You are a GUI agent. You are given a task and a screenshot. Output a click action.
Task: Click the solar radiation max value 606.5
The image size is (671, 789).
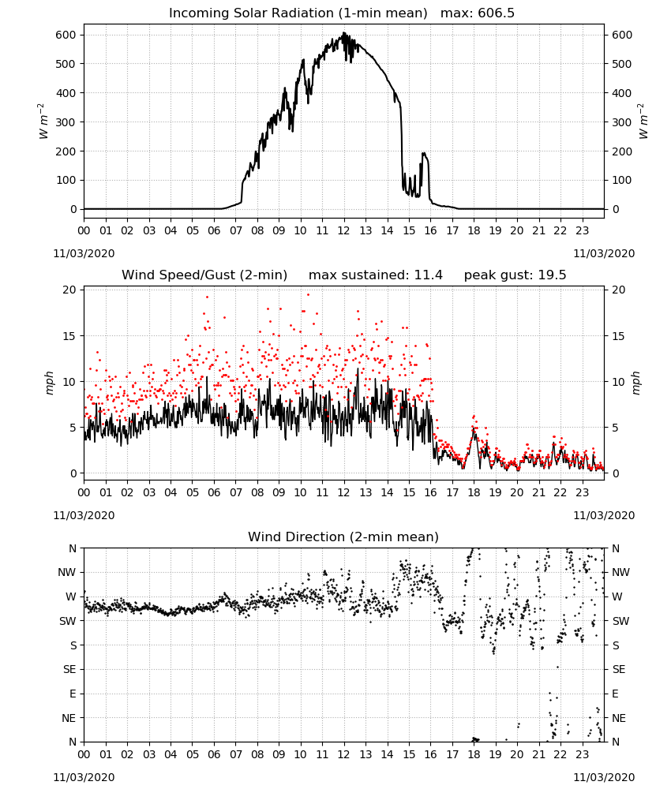[x=496, y=13]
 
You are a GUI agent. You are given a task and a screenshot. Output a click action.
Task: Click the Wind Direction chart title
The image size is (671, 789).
[x=343, y=537]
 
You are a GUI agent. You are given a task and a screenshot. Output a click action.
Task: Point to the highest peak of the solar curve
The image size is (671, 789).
[x=344, y=32]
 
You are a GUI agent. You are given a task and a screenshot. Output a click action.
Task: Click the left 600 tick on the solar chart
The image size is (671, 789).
[x=66, y=35]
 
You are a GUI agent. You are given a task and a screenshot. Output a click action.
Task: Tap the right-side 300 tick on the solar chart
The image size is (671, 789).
[x=622, y=122]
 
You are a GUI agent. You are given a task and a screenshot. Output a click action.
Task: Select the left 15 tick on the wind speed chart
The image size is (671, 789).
[x=69, y=335]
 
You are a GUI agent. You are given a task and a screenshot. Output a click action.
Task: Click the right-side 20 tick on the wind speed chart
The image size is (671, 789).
[x=619, y=290]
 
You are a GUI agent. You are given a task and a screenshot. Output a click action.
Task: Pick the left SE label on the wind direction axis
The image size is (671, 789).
[x=69, y=669]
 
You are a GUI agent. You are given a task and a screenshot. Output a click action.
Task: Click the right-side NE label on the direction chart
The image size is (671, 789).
[x=619, y=718]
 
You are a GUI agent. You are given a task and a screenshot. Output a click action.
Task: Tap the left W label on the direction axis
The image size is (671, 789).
[x=71, y=596]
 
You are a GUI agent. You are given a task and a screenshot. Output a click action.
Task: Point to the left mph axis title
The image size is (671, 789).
[x=49, y=383]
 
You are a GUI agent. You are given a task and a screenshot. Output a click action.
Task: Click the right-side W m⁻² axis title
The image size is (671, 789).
[x=643, y=122]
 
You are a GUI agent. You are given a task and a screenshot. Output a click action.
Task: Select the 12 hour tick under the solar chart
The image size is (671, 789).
[x=344, y=230]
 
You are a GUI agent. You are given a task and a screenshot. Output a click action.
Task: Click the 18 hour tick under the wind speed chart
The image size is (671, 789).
[x=474, y=492]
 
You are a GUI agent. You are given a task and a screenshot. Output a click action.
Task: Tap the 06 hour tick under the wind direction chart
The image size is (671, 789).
[x=214, y=755]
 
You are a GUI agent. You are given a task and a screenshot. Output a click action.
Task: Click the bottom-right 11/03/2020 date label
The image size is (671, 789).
[x=604, y=777]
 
